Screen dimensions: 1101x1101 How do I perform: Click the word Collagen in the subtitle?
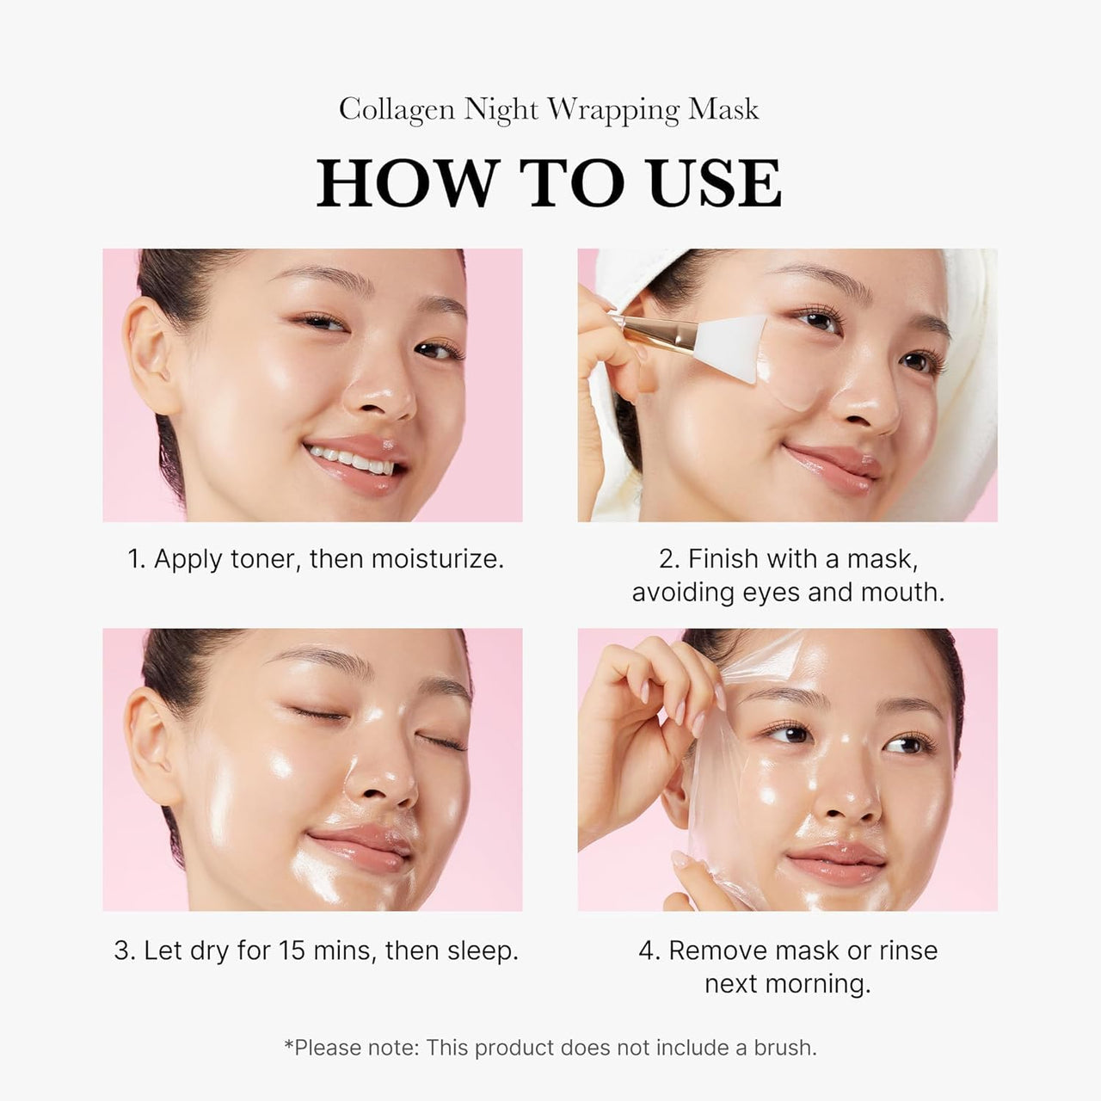click(396, 110)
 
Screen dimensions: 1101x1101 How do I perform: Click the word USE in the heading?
click(717, 183)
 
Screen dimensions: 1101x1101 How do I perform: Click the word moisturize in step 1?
click(437, 559)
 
